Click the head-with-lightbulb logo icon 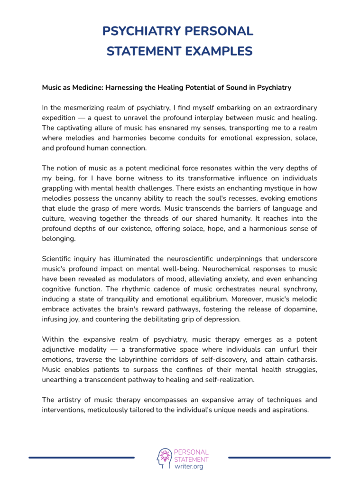pos(164,457)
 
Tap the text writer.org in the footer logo pos(189,467)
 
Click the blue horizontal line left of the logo pos(82,458)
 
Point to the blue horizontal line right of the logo pos(279,458)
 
